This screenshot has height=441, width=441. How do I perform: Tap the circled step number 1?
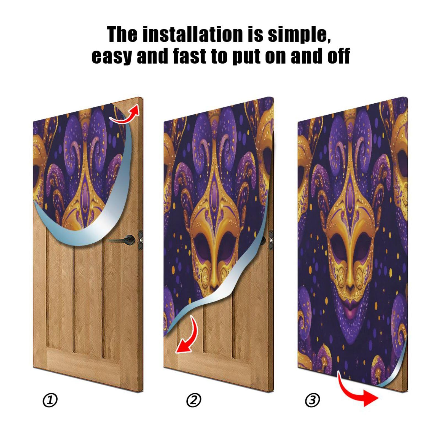[x=50, y=400]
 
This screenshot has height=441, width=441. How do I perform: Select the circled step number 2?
[x=194, y=400]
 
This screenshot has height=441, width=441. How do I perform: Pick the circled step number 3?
[x=313, y=400]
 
